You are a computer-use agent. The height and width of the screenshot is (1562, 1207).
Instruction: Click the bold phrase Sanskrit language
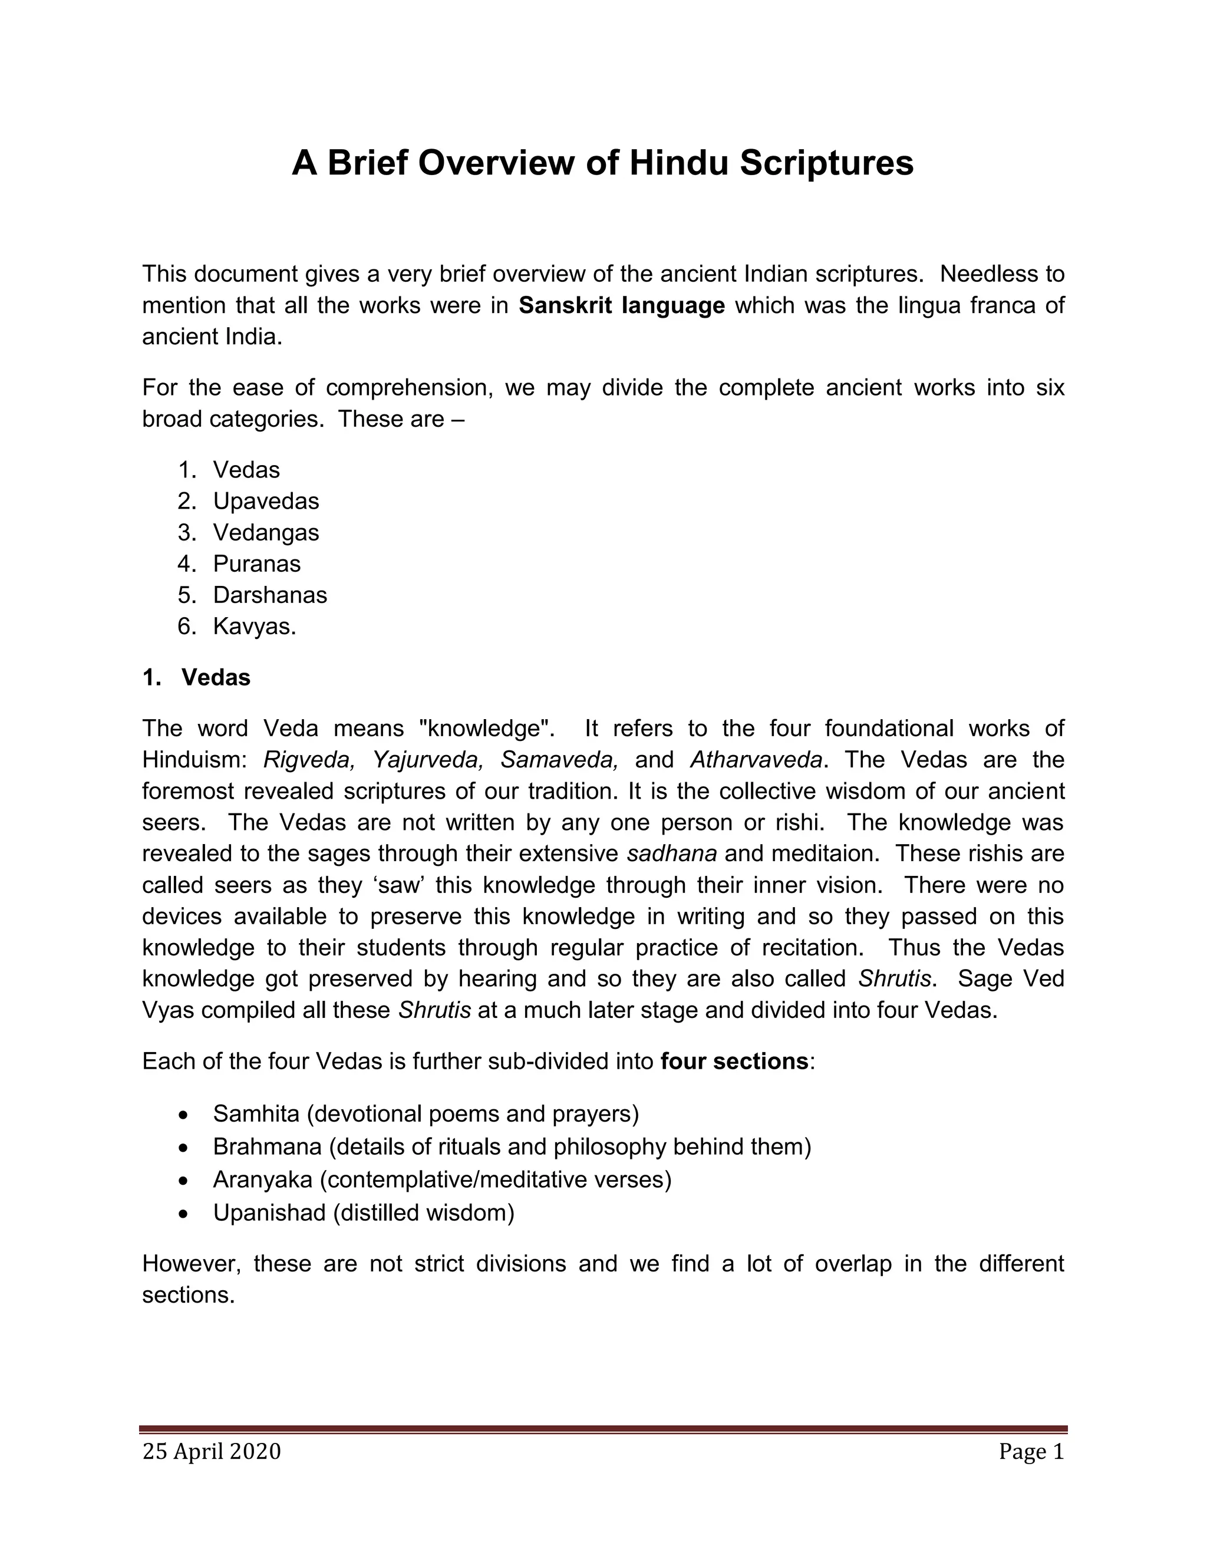[621, 305]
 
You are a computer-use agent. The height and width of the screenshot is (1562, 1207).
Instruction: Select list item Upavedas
[266, 502]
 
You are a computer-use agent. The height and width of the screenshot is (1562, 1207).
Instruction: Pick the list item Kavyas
[254, 627]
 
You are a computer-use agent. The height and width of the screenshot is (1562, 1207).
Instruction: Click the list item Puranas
[257, 563]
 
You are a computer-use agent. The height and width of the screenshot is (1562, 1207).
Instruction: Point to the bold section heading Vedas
[216, 677]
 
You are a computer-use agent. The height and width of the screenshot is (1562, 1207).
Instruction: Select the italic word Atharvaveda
[756, 760]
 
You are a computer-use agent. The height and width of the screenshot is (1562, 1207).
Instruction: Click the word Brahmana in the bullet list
[268, 1146]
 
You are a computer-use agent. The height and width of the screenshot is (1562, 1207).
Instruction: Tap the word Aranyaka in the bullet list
[262, 1179]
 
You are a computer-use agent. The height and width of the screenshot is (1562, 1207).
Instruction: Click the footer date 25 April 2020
[212, 1451]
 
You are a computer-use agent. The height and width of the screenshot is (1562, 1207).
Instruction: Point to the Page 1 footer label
[1031, 1451]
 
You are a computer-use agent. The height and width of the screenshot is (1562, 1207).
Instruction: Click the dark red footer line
[603, 1429]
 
